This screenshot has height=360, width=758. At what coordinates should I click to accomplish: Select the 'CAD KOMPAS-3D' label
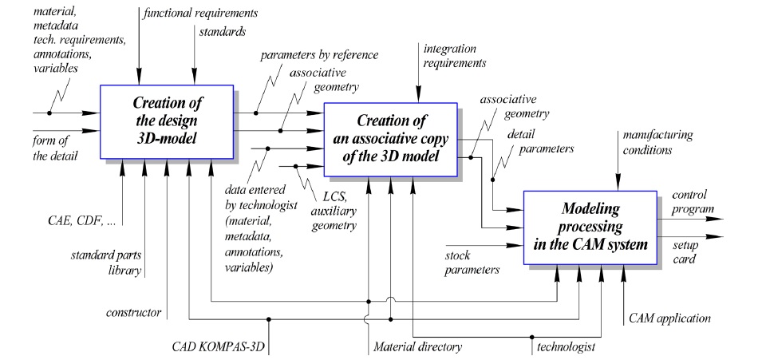tap(219, 349)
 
